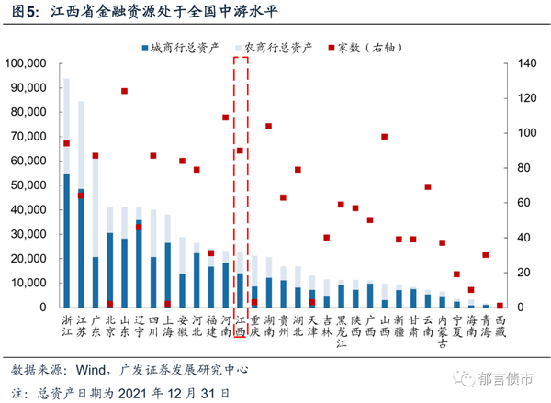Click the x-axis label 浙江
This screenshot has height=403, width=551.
pos(66,325)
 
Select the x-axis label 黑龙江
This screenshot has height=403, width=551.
pos(342,331)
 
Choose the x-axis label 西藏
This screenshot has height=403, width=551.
pos(500,325)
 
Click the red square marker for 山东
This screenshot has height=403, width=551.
pos(124,91)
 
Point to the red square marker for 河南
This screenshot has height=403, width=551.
pos(226,118)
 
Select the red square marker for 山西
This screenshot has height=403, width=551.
pos(385,137)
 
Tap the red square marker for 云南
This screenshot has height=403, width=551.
pos(428,187)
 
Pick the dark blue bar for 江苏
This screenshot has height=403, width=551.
pos(81,248)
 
